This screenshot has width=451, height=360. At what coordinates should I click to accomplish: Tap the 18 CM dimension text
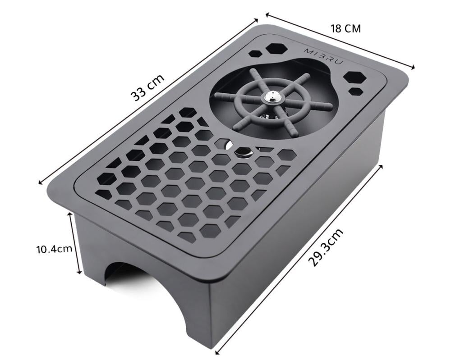pyautogui.click(x=345, y=29)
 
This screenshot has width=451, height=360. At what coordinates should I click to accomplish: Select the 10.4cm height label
pyautogui.click(x=55, y=248)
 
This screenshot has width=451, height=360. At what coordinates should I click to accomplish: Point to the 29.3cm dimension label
pyautogui.click(x=326, y=247)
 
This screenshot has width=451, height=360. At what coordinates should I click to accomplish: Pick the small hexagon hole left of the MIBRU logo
pyautogui.click(x=254, y=54)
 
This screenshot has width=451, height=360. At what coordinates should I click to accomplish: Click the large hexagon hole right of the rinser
pyautogui.click(x=354, y=77)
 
